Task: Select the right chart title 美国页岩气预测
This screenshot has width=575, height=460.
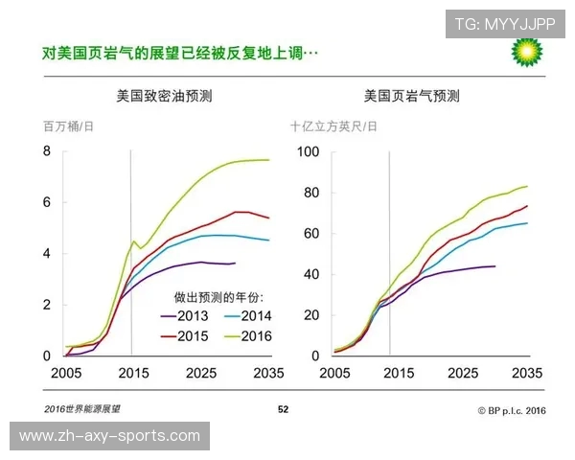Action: (x=411, y=96)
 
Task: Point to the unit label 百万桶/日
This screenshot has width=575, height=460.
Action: (x=68, y=126)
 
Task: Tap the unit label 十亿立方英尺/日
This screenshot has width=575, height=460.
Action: (x=334, y=126)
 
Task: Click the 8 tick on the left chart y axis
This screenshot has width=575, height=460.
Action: (x=46, y=151)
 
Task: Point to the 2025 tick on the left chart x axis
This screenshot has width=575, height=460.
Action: (x=200, y=372)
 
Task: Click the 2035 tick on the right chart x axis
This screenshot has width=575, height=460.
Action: (x=528, y=372)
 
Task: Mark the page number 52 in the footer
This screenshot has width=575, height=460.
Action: (x=283, y=409)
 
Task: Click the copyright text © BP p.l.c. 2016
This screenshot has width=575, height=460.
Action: (x=511, y=409)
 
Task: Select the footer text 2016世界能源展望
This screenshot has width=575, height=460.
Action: (x=82, y=409)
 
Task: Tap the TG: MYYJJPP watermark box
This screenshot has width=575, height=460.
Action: (x=503, y=23)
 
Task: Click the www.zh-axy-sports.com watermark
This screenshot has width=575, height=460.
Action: (x=109, y=436)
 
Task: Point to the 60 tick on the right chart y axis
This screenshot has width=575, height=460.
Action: (x=309, y=234)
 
